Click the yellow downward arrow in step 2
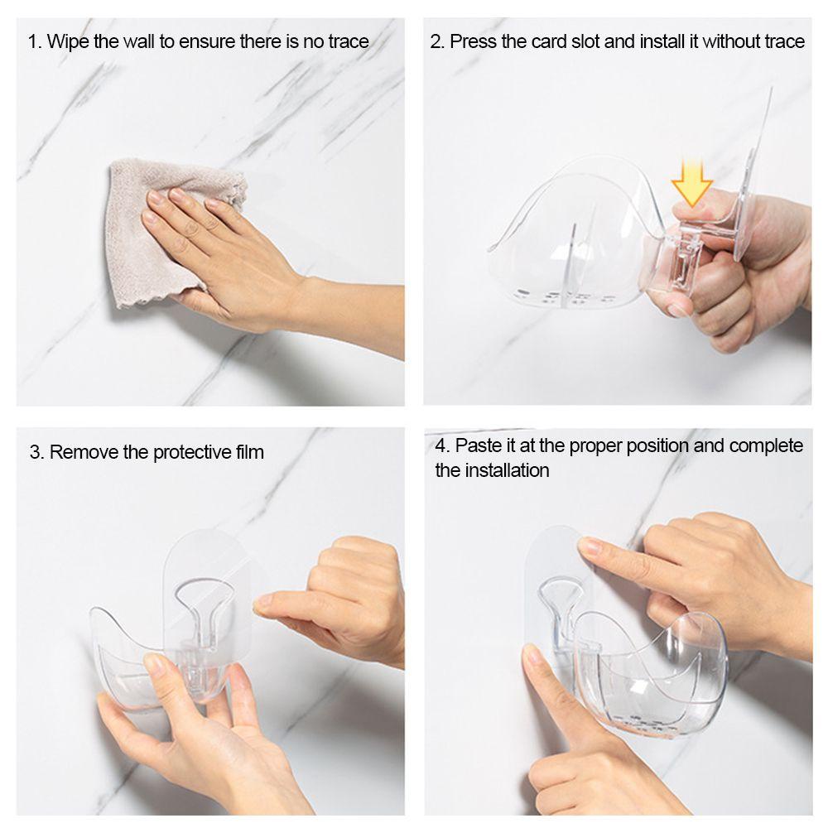691,183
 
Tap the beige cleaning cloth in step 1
158,233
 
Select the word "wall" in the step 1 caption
138,41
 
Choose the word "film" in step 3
250,452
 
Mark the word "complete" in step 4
766,447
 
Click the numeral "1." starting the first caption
35,41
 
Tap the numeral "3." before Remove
37,453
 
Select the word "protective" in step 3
193,453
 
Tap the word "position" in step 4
657,447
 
